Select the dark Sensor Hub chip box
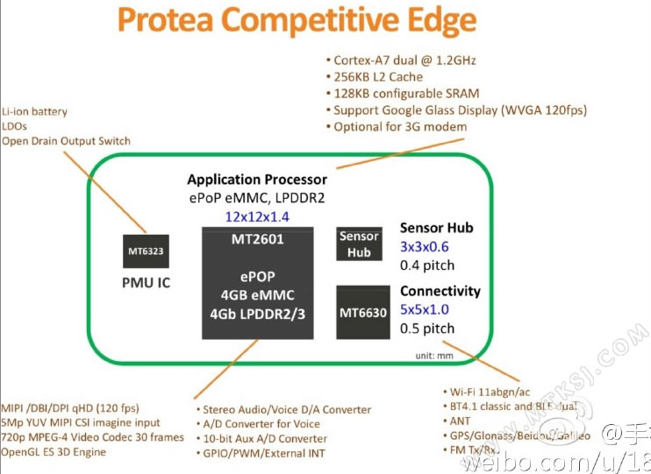point(359,244)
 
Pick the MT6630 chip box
point(363,311)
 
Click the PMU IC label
point(146,283)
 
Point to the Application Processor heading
point(257,180)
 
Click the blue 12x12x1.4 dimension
point(256,216)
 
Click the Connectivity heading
point(440,291)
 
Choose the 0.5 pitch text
point(427,329)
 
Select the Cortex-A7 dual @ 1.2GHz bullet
point(404,60)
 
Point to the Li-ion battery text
point(35,112)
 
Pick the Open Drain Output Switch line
point(67,141)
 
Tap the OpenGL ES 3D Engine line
point(54,451)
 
